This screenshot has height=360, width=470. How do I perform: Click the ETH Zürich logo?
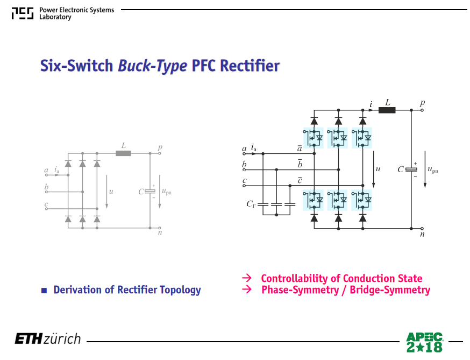tap(48, 338)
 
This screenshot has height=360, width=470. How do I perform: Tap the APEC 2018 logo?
tap(424, 342)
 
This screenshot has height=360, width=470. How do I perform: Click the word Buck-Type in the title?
tap(153, 66)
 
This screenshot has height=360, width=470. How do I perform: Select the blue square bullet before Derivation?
tap(44, 291)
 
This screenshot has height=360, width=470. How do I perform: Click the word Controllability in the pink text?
tap(294, 278)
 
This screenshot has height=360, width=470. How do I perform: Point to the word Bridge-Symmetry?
tap(390, 290)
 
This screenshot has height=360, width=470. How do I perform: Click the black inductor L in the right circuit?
tap(387, 110)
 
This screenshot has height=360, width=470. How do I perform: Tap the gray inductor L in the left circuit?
tap(123, 153)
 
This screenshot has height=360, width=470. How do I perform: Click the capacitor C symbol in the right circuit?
tap(411, 170)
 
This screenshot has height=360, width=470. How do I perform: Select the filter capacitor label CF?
tap(251, 204)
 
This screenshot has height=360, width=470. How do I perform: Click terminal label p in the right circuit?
tap(422, 103)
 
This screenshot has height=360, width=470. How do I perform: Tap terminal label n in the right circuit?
tap(422, 234)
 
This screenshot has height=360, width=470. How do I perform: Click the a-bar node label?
tap(300, 148)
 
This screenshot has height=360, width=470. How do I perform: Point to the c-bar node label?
tap(300, 180)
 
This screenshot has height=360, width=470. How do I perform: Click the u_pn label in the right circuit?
tap(433, 170)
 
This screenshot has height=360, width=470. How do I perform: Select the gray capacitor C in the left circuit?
tap(150, 192)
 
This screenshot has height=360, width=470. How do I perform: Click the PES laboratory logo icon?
tap(23, 13)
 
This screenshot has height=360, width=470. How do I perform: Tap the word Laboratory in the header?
tap(55, 17)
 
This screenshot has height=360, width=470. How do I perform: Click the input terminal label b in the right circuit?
tap(244, 164)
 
